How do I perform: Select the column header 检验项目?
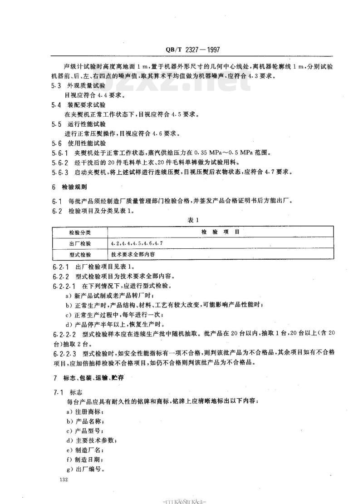[221, 232]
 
